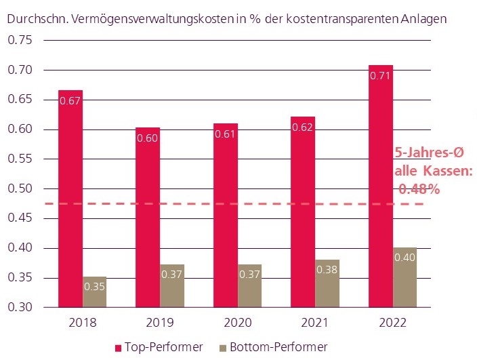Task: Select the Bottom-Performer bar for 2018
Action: tap(94, 292)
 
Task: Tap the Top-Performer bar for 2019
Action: tap(148, 217)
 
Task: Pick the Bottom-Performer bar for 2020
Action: tap(249, 285)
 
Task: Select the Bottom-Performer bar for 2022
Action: tap(405, 277)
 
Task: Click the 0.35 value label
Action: tap(94, 286)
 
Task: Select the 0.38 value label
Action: tap(327, 269)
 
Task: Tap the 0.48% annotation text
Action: tap(419, 190)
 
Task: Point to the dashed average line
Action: tap(203, 203)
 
